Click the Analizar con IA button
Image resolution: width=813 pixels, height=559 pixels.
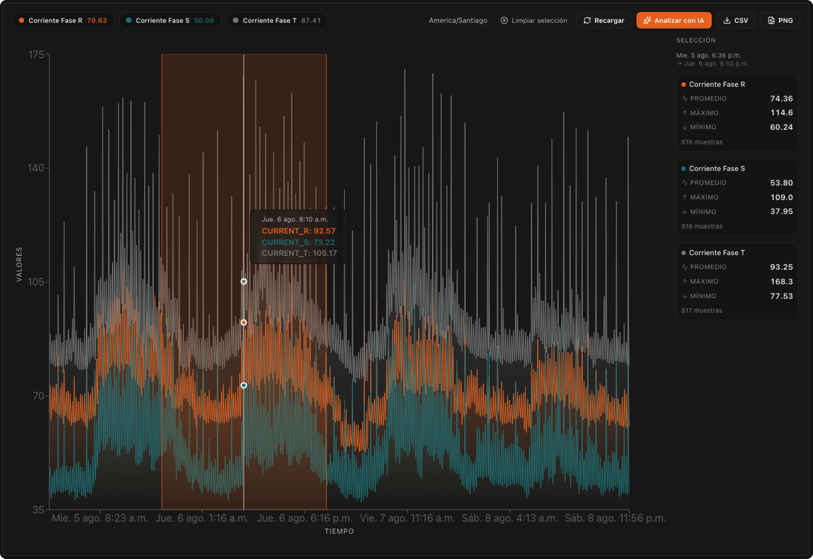pos(674,20)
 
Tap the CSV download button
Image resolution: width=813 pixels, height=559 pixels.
pos(735,20)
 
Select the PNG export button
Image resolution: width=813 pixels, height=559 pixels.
pos(780,20)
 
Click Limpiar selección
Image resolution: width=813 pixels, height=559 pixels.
pos(533,20)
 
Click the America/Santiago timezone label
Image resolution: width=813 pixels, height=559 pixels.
pos(458,20)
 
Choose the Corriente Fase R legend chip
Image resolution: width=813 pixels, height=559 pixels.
pos(63,20)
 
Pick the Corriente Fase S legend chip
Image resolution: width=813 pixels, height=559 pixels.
pos(170,20)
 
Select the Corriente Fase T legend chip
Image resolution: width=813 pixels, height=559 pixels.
pos(277,20)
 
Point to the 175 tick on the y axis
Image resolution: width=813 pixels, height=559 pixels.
pos(36,55)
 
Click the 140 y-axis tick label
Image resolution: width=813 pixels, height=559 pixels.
pos(36,168)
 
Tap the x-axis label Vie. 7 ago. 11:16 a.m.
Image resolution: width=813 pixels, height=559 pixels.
pos(407,518)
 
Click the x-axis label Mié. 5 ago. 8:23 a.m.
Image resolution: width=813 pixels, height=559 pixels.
pos(100,518)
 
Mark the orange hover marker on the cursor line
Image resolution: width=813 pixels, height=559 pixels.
pos(244,322)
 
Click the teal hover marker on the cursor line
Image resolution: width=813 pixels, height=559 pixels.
pos(244,386)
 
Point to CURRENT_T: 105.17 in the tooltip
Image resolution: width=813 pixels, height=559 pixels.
pos(299,253)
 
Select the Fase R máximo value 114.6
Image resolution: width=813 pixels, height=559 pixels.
pos(781,113)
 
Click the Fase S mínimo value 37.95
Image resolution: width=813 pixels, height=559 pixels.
pos(781,211)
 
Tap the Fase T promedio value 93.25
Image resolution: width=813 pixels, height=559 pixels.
pos(781,267)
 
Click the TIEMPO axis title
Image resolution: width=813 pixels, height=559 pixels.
pos(339,531)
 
